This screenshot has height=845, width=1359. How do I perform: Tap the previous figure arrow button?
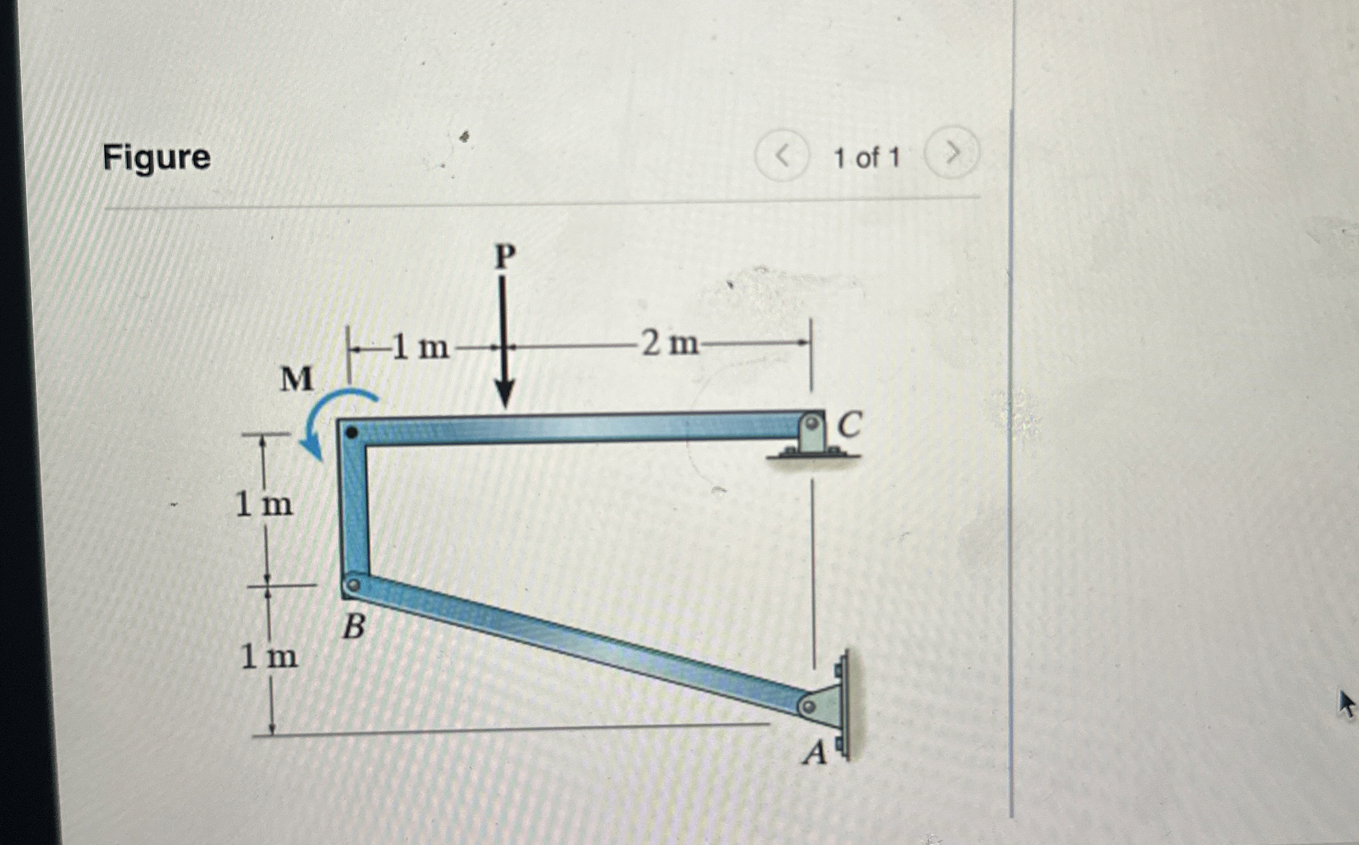click(x=782, y=155)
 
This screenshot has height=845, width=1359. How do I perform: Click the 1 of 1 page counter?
click(x=866, y=157)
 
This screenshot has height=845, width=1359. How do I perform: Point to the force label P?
click(x=505, y=257)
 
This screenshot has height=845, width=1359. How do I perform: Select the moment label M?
click(x=297, y=379)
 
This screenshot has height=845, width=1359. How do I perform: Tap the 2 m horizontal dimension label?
click(x=669, y=344)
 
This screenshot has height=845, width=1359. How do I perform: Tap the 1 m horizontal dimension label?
click(x=420, y=347)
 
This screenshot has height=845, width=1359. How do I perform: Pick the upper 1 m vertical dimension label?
click(x=264, y=505)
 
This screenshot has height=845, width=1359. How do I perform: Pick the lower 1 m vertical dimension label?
click(x=269, y=657)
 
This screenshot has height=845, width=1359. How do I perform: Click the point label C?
click(x=849, y=425)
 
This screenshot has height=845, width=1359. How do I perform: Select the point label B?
click(x=354, y=628)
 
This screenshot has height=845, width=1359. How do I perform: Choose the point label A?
click(x=816, y=754)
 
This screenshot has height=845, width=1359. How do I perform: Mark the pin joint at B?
click(x=353, y=585)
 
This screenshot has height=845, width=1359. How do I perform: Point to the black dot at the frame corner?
click(x=352, y=433)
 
